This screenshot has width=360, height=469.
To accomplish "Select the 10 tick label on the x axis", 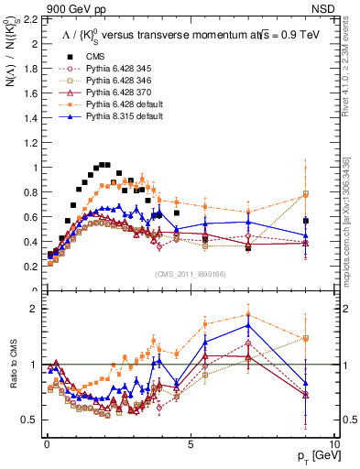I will (x=334, y=443).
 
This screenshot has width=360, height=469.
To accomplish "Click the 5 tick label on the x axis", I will (x=190, y=443).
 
